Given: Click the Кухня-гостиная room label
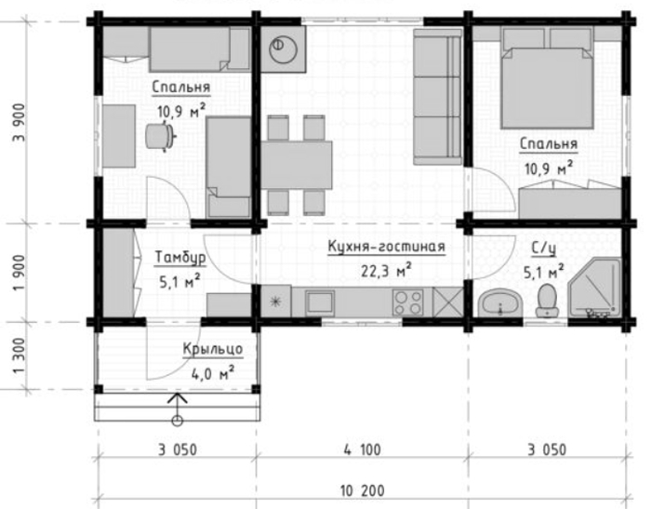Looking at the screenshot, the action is click(386, 247).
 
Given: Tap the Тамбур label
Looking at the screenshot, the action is click(180, 258).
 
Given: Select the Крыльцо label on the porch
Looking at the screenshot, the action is click(213, 349).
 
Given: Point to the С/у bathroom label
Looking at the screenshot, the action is click(544, 248).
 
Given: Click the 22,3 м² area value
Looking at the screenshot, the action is click(386, 271).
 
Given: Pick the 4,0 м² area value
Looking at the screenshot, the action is click(212, 373).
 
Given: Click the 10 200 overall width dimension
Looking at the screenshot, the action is click(363, 490).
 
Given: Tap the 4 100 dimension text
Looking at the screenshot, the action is click(362, 450).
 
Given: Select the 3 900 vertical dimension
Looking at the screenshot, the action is click(20, 123).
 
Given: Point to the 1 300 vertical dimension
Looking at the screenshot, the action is click(20, 355).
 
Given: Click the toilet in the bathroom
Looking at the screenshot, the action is click(547, 301).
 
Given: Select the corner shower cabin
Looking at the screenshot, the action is click(595, 288).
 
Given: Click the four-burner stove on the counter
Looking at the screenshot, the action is click(408, 302).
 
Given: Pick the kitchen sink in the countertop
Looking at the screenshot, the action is click(319, 301).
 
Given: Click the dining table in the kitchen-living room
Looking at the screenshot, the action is click(297, 165).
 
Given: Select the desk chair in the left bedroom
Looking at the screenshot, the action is click(160, 136).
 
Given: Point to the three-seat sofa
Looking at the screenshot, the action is click(438, 97).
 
